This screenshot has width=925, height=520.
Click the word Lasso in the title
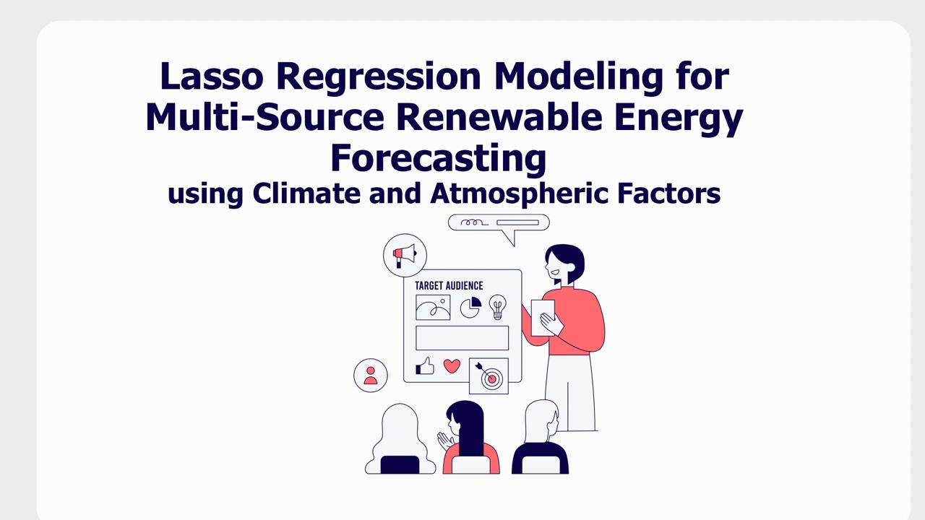click(x=212, y=76)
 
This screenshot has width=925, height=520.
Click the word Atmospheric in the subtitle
click(x=519, y=194)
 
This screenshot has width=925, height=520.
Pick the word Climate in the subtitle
click(x=306, y=193)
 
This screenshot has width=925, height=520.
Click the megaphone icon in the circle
click(x=405, y=256)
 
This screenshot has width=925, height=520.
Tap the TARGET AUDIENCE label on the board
click(x=449, y=285)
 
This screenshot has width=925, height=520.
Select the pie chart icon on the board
click(x=470, y=308)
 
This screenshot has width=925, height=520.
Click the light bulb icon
click(x=498, y=307)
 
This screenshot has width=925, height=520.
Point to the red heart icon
click(x=452, y=366)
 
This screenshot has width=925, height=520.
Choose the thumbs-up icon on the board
click(x=424, y=366)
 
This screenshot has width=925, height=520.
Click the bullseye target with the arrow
click(x=489, y=376)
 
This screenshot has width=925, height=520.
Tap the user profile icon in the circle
click(x=371, y=376)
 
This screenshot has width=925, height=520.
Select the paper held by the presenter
click(x=543, y=317)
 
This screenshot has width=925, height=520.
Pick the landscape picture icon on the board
click(x=433, y=308)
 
